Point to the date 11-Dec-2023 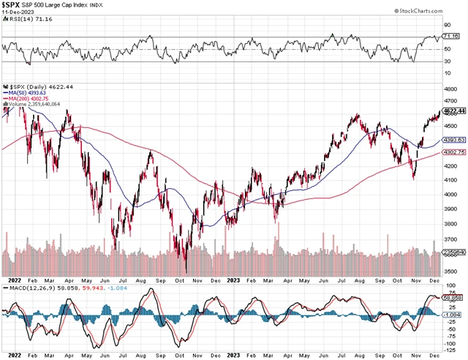17,13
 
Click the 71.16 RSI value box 452,35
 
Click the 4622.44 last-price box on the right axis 454,111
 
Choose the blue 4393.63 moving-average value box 454,140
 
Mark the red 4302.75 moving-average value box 454,153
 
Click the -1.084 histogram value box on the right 453,314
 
